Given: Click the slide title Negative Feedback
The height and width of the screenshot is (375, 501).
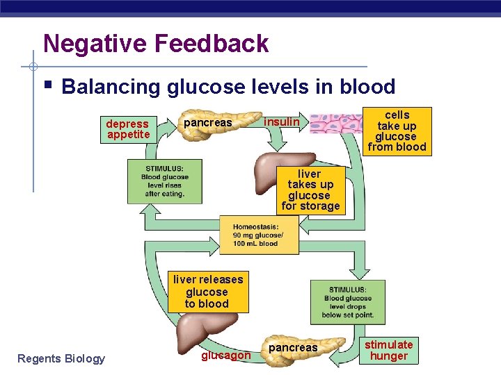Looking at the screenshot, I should (x=155, y=44).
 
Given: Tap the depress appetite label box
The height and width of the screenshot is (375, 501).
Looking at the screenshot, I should (x=127, y=129).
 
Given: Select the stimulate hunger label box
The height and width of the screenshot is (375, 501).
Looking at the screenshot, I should (x=389, y=350).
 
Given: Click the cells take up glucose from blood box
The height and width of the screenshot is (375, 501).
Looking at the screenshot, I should (x=397, y=131).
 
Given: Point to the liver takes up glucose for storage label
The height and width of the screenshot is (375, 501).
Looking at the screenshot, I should (x=310, y=190).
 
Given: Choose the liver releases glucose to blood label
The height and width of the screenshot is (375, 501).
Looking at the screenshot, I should (x=207, y=292).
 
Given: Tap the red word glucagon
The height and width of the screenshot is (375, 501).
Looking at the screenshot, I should (x=225, y=356).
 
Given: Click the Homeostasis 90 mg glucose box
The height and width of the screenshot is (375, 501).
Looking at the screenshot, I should (x=259, y=235).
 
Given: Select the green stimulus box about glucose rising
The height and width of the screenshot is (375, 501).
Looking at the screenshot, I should (x=164, y=181).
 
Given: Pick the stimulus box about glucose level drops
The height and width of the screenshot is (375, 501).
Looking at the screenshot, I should (x=347, y=302).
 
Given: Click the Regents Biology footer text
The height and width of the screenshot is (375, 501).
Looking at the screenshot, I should (x=61, y=358).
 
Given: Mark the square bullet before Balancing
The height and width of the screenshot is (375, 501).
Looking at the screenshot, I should (x=47, y=87).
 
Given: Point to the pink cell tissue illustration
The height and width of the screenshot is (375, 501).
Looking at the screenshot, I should (x=335, y=124).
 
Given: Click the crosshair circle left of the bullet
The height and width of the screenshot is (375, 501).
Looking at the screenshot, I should (x=33, y=67).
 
